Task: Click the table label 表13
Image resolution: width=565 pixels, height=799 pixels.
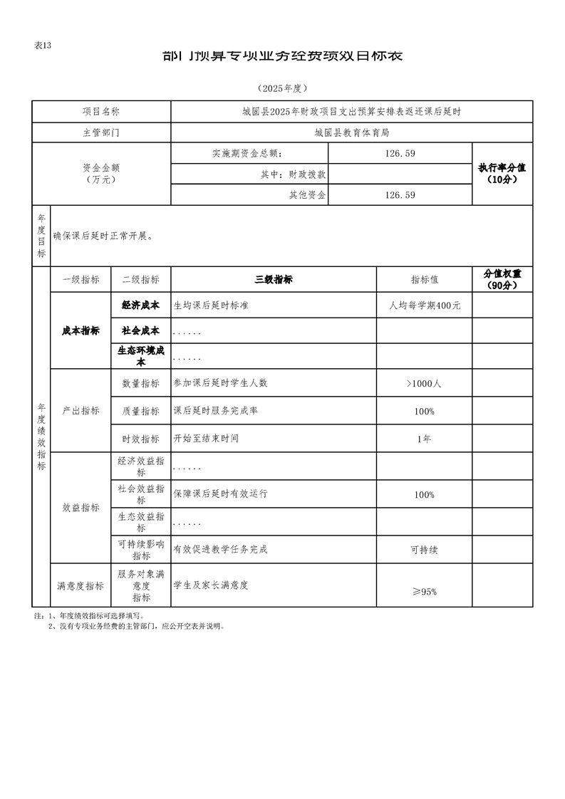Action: (x=43, y=46)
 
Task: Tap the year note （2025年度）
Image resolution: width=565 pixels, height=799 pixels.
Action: (x=282, y=88)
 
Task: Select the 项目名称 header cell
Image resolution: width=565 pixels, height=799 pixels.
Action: (x=101, y=112)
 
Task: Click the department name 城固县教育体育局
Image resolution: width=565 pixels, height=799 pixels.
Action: (x=352, y=132)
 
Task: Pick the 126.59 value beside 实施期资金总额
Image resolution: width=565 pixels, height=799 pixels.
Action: (x=400, y=153)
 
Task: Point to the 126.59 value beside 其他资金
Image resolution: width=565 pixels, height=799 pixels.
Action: (x=400, y=195)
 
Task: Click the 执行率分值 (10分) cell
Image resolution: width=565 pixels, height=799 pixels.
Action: (x=502, y=174)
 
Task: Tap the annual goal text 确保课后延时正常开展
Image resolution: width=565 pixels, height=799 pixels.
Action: (x=103, y=236)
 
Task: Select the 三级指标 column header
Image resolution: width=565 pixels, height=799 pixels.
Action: (x=274, y=280)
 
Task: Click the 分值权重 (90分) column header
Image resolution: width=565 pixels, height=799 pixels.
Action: (x=502, y=279)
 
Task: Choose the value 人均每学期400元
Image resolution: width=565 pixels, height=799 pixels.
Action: (x=425, y=305)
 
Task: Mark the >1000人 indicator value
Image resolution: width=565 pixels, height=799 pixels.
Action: (x=425, y=383)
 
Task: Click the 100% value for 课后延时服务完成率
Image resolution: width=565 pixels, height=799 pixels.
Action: (x=425, y=412)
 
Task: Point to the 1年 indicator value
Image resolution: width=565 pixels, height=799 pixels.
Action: (x=425, y=439)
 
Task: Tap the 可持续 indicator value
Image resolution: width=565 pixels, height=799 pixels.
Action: (x=425, y=550)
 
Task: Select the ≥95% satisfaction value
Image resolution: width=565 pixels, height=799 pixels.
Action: (x=425, y=592)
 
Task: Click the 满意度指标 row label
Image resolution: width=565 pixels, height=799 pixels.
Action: (x=81, y=586)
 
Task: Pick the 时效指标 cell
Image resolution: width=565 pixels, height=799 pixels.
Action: (x=141, y=439)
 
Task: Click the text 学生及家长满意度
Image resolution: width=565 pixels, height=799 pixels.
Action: (x=211, y=585)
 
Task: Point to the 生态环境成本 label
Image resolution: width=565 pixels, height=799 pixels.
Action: (x=141, y=355)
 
